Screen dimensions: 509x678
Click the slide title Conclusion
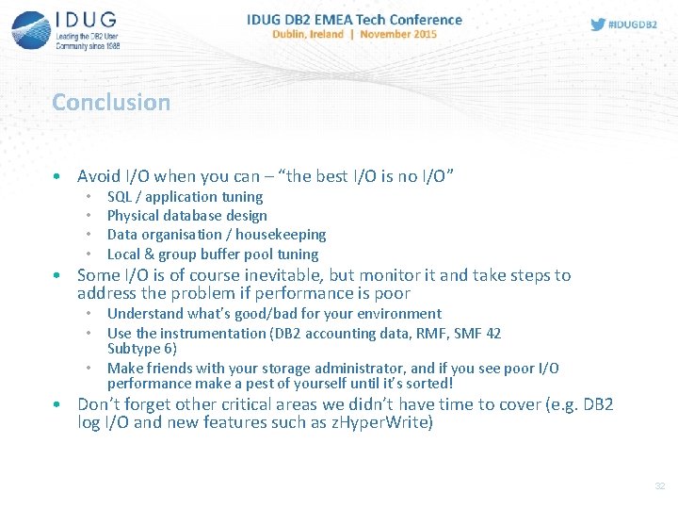coord(111,102)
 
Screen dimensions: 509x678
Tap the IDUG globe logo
coord(30,30)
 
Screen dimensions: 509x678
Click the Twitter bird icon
coord(598,24)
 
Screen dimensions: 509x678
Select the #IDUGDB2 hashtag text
coord(633,24)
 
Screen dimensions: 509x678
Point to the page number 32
coord(660,485)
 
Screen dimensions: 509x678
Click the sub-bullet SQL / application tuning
coord(185,197)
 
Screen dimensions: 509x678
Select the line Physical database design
coord(186,216)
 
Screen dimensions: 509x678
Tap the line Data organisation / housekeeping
coord(217,235)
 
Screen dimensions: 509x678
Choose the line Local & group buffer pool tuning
coord(213,254)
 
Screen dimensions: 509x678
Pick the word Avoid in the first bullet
coord(99,176)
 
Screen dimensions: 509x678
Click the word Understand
coord(146,314)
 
